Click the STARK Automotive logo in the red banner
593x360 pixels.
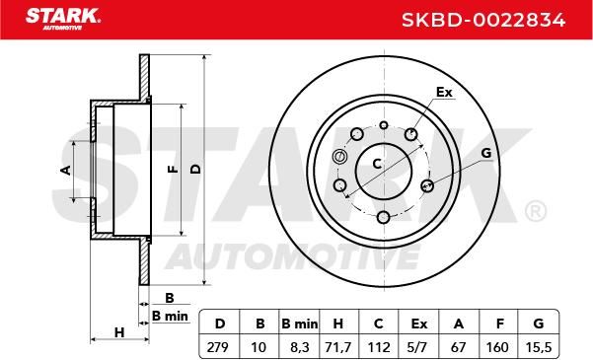pos(63,19)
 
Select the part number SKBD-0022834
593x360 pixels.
pos(483,20)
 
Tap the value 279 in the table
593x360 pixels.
pos(218,347)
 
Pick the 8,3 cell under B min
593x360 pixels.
pos(298,347)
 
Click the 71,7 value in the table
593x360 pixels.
pos(338,347)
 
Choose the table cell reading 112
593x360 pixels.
pos(379,347)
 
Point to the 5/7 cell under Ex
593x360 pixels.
pos(418,347)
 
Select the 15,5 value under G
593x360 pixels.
pos(539,347)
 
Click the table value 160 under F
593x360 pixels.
pos(499,347)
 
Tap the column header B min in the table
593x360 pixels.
pos(300,324)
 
